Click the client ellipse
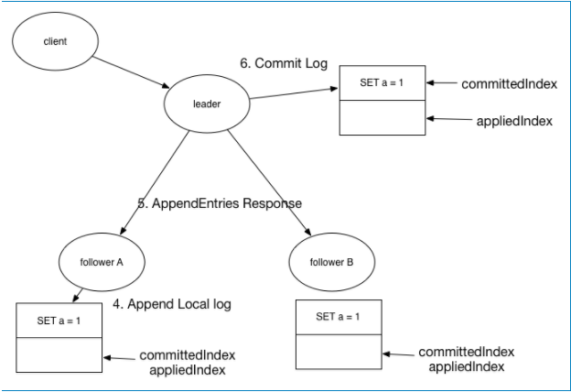coord(55,41)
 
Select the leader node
coord(207,103)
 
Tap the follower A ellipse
coord(102,262)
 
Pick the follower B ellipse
coord(332,262)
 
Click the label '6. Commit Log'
coord(284,63)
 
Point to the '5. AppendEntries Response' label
coord(220,203)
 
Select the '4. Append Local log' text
coord(172,304)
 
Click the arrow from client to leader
coord(131,72)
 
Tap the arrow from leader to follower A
coord(155,182)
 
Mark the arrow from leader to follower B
coord(269,182)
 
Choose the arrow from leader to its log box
coord(294,93)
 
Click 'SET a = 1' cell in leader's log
coord(382,82)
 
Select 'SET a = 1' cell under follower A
coord(59,321)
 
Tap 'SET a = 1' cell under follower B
coord(339,317)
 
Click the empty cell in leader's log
coord(382,118)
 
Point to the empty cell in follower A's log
coord(59,355)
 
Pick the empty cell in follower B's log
coord(339,352)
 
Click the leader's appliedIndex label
coord(514,121)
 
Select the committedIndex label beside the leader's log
coord(509,84)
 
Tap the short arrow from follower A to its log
coord(78,295)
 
